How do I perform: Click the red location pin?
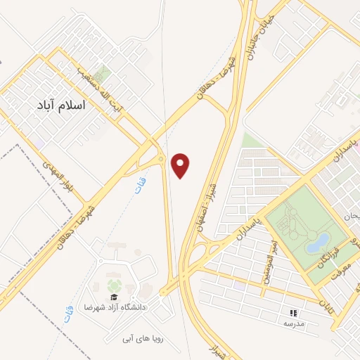pyautogui.click(x=181, y=165)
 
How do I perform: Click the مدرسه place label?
pyautogui.click(x=292, y=323)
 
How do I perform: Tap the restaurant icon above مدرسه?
pyautogui.click(x=292, y=313)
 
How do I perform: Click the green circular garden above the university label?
pyautogui.click(x=113, y=286)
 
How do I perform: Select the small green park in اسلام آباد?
pyautogui.click(x=103, y=73)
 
